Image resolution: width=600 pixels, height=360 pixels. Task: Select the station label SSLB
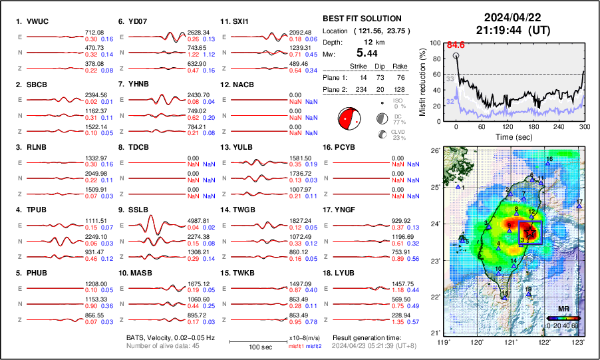click(136, 210)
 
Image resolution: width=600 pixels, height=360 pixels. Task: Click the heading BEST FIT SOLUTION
click(362, 19)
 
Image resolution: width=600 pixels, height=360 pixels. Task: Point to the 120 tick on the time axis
click(508, 126)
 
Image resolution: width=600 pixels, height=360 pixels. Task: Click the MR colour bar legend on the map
click(562, 317)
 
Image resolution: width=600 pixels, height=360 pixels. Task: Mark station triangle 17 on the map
click(579, 207)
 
